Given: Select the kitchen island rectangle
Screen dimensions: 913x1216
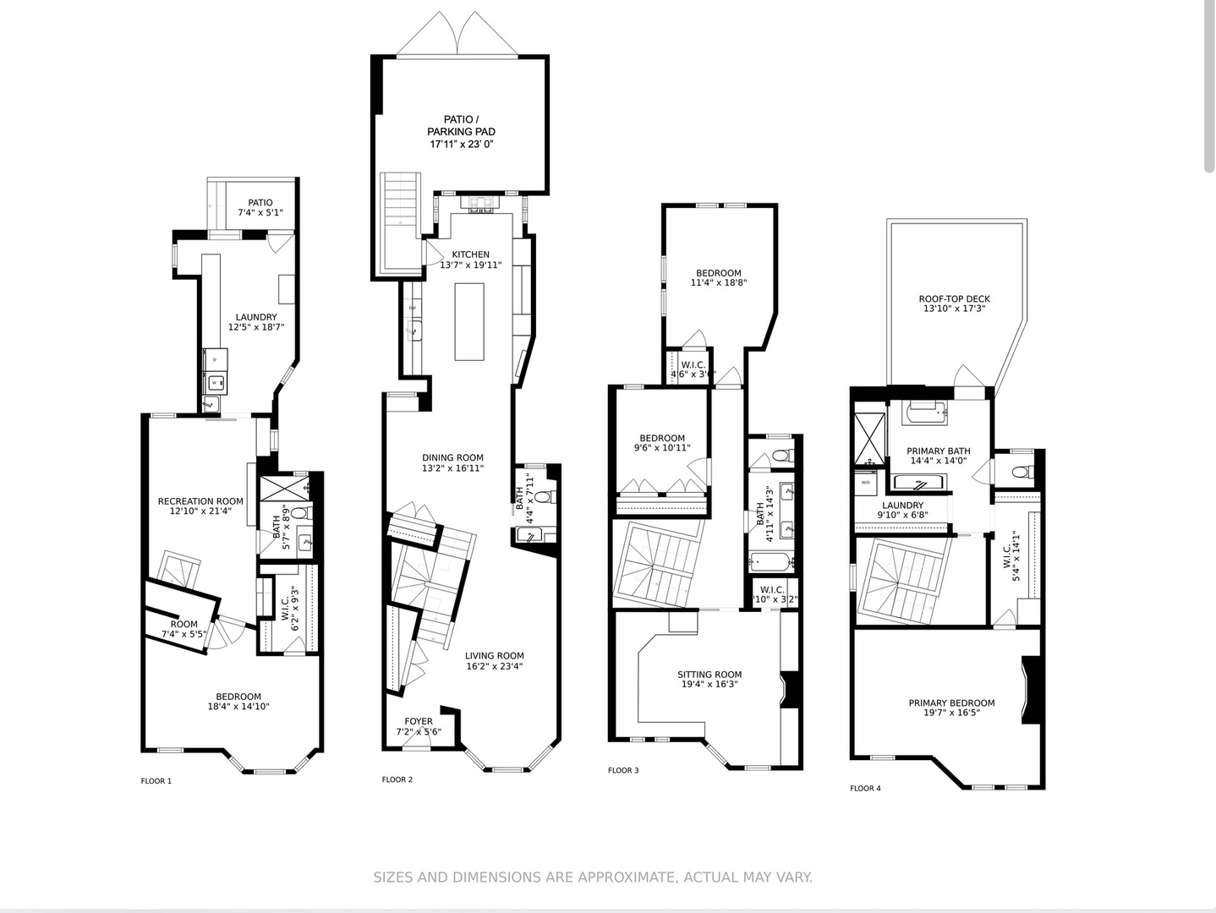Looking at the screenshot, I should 469,321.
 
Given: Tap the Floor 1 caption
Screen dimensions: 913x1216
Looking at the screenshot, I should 156,781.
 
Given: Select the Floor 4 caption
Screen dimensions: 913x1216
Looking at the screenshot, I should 865,789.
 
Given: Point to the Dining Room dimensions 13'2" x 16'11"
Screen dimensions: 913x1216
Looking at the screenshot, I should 452,468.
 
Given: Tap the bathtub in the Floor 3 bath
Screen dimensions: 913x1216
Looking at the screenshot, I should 769,560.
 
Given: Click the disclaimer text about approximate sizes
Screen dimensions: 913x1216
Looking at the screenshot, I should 593,877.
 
